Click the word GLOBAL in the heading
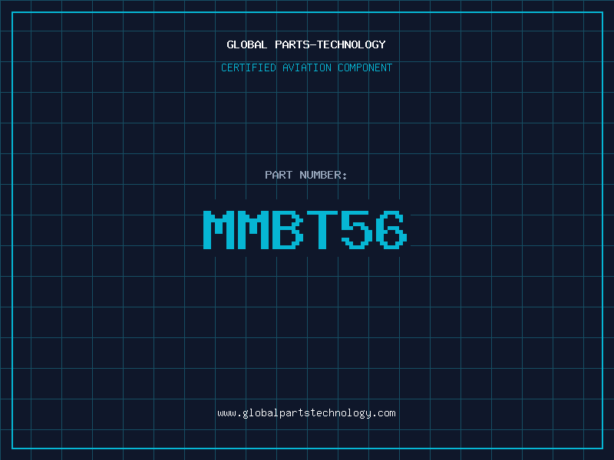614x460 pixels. click(246, 44)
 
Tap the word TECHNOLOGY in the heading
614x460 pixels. click(352, 44)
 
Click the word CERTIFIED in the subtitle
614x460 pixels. click(249, 67)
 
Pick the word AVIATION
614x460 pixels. click(307, 67)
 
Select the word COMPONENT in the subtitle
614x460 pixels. click(365, 67)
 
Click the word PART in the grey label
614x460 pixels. click(279, 175)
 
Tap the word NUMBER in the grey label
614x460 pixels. click(320, 175)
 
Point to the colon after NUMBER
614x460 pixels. click(345, 176)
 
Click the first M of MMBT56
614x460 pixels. click(219, 230)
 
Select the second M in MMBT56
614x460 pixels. click(253, 230)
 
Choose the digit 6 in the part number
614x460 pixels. click(391, 230)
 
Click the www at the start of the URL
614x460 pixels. click(226, 413)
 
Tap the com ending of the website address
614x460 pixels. click(387, 413)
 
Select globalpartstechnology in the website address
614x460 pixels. click(306, 414)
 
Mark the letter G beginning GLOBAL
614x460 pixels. click(230, 44)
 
